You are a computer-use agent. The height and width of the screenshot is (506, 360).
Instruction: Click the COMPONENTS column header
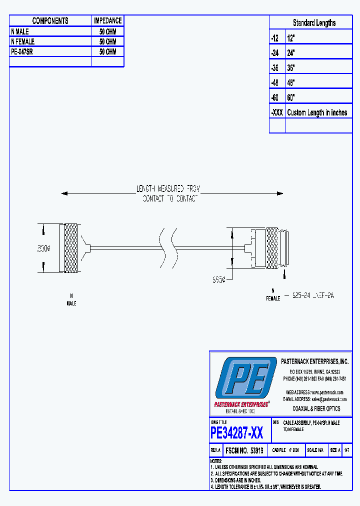point(50,20)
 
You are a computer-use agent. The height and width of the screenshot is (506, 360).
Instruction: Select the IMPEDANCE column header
point(107,20)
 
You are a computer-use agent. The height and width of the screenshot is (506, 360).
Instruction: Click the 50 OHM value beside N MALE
point(107,31)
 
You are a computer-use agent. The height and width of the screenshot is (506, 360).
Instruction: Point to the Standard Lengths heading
point(314,23)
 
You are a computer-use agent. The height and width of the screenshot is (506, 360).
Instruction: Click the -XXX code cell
point(276,112)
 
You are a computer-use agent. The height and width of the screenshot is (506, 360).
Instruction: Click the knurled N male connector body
point(71,248)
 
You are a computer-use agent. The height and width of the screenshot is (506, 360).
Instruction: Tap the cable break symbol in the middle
point(167,248)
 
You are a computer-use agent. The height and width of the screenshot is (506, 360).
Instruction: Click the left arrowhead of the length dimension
point(64,193)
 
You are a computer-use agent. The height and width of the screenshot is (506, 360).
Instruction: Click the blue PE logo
point(245,378)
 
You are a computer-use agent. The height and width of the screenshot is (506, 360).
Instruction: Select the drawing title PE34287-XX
point(237,432)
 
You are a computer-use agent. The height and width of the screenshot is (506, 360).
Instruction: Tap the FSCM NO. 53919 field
point(244,450)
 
